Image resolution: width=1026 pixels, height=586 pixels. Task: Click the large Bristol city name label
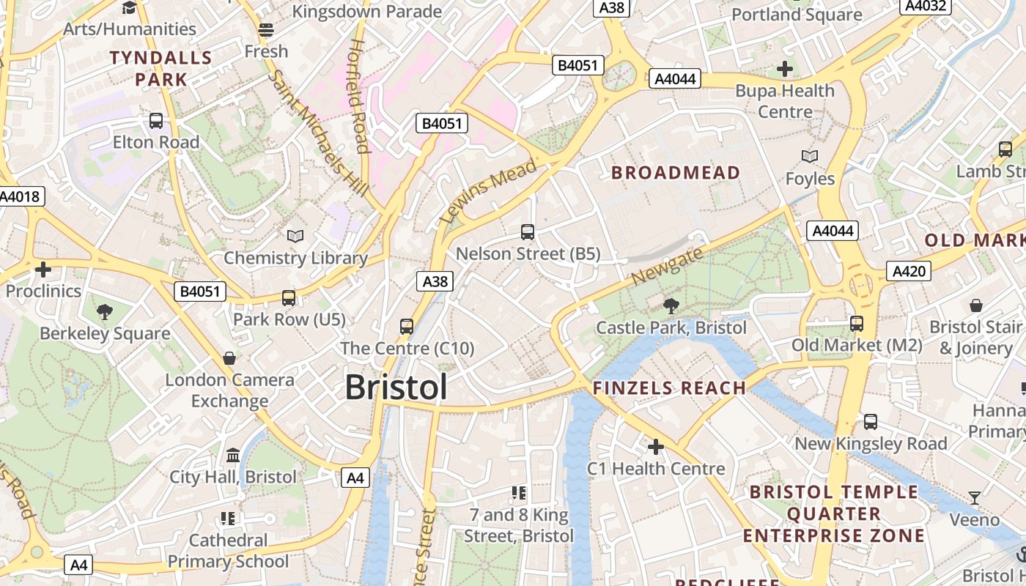tap(396, 387)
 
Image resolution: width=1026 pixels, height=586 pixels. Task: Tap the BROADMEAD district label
tap(676, 173)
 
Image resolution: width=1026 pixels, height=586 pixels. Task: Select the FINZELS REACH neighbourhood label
tap(669, 388)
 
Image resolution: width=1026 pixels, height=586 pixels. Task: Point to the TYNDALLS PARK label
tap(160, 68)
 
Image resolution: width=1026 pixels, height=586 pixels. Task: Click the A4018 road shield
tap(21, 196)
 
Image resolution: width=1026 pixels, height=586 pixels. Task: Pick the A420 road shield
tap(909, 271)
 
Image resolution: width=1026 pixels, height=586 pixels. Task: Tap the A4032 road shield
tap(926, 7)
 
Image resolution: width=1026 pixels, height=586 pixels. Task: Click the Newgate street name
tap(667, 267)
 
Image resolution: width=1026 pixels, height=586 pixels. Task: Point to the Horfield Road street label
tap(358, 95)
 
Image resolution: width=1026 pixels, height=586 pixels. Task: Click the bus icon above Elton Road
tap(156, 121)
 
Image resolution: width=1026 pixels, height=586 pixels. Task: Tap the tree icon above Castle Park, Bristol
tap(671, 305)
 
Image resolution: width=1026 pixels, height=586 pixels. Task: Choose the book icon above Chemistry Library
tap(295, 236)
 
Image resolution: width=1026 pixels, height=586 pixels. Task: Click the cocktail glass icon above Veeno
tap(975, 499)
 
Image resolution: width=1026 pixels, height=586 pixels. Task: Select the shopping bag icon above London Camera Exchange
tap(229, 358)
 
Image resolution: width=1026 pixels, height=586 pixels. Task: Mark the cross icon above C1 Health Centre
tap(656, 446)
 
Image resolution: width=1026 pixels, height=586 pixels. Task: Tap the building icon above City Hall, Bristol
tap(233, 456)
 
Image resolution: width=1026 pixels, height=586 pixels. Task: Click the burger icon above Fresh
tap(266, 30)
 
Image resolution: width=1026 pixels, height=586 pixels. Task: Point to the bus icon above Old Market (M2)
tap(857, 323)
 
